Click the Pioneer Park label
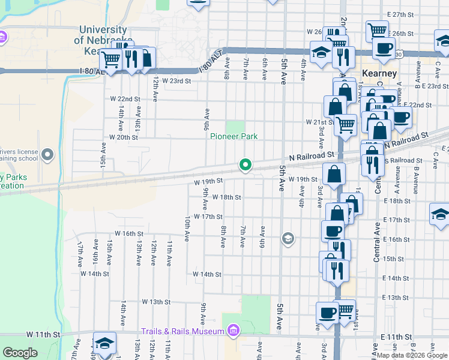(234, 136)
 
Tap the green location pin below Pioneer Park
(245, 164)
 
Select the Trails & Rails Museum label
(182, 331)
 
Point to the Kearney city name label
(379, 73)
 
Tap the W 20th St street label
(124, 137)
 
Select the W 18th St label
(226, 197)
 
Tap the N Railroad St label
(310, 155)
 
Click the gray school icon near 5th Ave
(288, 239)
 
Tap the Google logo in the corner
(20, 353)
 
